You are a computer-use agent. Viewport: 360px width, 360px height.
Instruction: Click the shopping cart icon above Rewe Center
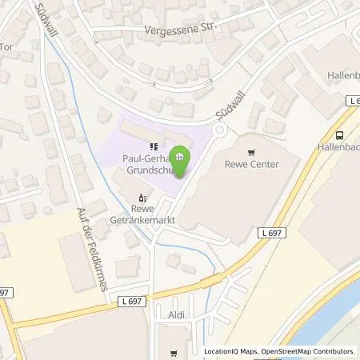[252, 152]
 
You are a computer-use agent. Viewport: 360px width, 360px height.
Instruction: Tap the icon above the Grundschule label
[153, 146]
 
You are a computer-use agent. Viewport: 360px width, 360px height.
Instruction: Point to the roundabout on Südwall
[218, 130]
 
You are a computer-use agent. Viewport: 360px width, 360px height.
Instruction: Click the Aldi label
[178, 317]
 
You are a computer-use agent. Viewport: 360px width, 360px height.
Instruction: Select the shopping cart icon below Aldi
[174, 352]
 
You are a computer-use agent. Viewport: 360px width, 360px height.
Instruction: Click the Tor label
[7, 46]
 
